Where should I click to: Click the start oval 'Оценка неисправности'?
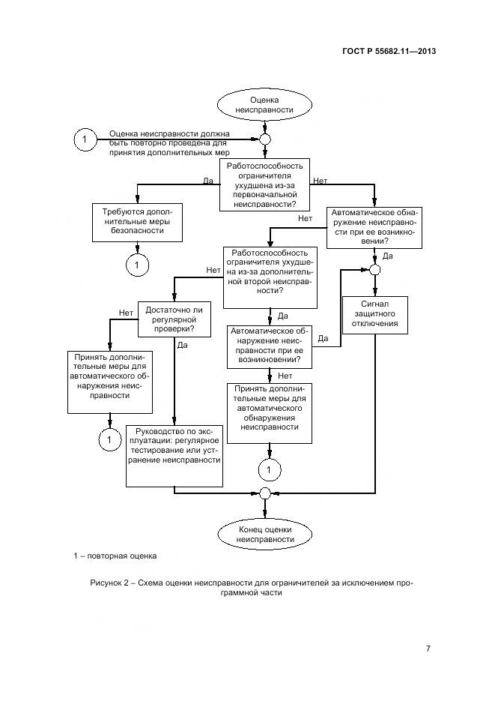point(264,104)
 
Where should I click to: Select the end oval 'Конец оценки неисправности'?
point(264,534)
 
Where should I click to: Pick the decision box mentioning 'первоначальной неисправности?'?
point(264,184)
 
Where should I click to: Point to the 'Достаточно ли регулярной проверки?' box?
point(174,318)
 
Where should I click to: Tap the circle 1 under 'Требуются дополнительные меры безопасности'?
point(138,264)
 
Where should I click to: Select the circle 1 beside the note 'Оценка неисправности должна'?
point(85,139)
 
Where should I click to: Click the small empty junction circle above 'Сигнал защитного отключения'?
point(374,271)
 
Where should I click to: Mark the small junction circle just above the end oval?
point(264,493)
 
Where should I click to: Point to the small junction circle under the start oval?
point(264,139)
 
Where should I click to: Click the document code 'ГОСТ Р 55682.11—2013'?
point(389,52)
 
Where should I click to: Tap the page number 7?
point(427,649)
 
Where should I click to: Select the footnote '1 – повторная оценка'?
point(115,556)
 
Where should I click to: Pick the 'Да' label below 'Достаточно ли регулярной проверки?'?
point(182,346)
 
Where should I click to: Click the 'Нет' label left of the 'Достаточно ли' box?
point(126,312)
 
